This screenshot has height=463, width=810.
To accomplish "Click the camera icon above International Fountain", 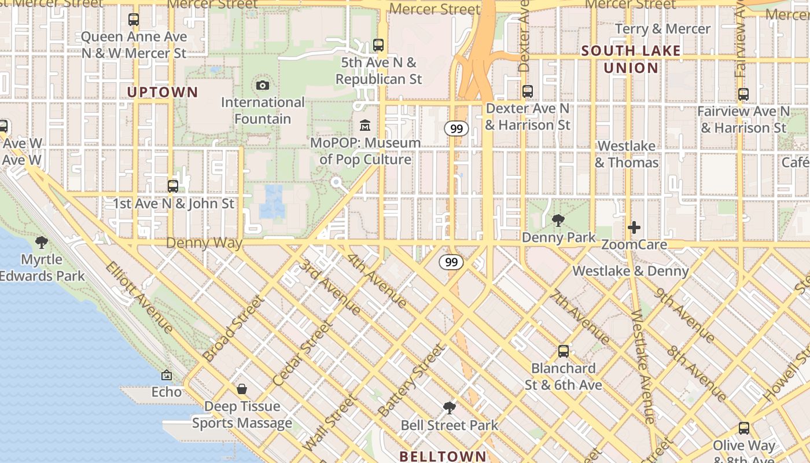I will pyautogui.click(x=263, y=86).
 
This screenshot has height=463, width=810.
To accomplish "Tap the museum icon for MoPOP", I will pyautogui.click(x=365, y=125).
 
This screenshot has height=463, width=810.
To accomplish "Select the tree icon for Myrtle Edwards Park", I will pyautogui.click(x=41, y=242).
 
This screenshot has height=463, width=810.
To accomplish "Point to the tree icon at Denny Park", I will pyautogui.click(x=558, y=220).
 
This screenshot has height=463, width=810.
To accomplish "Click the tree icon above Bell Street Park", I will pyautogui.click(x=449, y=408).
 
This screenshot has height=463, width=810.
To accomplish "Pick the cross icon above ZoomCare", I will pyautogui.click(x=634, y=227).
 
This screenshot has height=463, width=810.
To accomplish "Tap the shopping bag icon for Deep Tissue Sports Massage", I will pyautogui.click(x=242, y=389).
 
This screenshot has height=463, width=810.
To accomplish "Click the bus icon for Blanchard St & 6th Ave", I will pyautogui.click(x=563, y=351).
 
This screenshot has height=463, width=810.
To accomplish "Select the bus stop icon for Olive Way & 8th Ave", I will pyautogui.click(x=744, y=428).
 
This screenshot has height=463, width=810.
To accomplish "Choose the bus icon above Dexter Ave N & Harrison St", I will pyautogui.click(x=527, y=91).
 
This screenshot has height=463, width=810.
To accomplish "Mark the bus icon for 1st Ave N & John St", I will pyautogui.click(x=172, y=186).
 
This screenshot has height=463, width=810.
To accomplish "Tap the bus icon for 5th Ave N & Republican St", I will pyautogui.click(x=378, y=45).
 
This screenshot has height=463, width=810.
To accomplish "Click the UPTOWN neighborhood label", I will pyautogui.click(x=163, y=92).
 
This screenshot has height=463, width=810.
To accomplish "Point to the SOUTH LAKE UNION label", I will pyautogui.click(x=631, y=59).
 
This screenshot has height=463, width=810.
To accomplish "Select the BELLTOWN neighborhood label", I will pyautogui.click(x=443, y=456).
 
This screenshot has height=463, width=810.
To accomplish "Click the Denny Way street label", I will pyautogui.click(x=204, y=242).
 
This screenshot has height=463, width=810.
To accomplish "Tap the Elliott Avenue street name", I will pyautogui.click(x=139, y=297).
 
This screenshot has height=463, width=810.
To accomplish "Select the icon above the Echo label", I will pyautogui.click(x=167, y=375).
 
